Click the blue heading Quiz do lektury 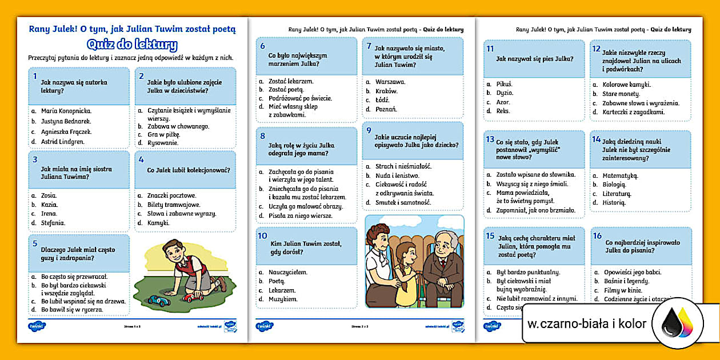[x=132, y=45]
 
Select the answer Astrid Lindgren [x=62, y=141]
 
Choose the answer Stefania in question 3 [x=53, y=223]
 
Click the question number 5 [x=35, y=243]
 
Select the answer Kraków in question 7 [x=386, y=91]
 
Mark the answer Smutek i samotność [x=403, y=202]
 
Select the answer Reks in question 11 [x=503, y=111]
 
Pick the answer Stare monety [x=621, y=94]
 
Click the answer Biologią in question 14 [x=614, y=185]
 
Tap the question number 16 [x=597, y=235]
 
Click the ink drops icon [x=677, y=324]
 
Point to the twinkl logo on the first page [x=37, y=326]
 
